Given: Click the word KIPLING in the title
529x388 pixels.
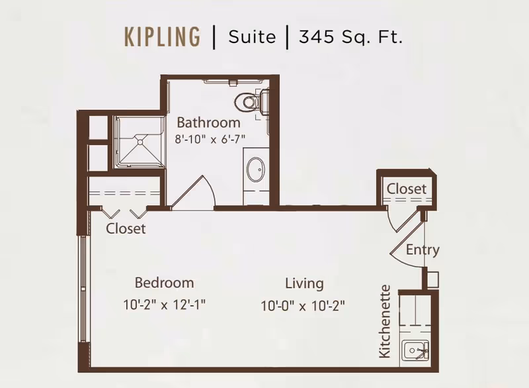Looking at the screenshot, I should (162, 36).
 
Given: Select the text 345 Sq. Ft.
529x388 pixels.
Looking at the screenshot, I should (350, 36).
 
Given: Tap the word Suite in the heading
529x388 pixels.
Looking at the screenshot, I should (252, 36).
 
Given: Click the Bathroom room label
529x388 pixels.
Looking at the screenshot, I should (208, 122).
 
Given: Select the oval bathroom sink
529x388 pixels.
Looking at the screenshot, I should (255, 170).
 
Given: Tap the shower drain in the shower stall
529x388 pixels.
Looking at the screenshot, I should (140, 140).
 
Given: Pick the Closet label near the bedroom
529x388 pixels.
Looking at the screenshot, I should (126, 228).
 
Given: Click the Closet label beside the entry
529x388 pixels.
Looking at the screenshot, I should (407, 189).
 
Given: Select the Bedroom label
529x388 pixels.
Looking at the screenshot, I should (164, 283).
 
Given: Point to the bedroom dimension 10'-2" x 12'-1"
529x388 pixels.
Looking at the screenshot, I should (164, 305).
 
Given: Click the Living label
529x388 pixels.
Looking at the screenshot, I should (304, 283).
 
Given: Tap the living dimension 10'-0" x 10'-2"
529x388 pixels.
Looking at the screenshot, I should (304, 305).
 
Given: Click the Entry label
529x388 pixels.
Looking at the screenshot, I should (423, 250).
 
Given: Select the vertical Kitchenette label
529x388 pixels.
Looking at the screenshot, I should (386, 322).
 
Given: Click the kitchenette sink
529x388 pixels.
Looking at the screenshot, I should (416, 348).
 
